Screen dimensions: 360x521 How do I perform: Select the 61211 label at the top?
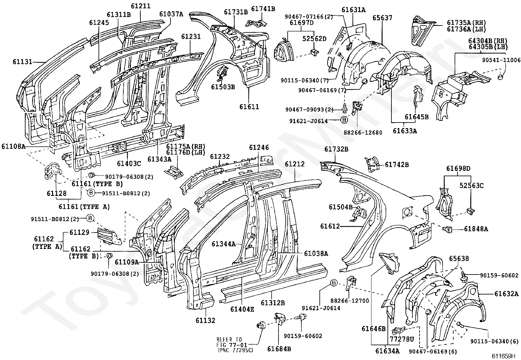pos(141,6)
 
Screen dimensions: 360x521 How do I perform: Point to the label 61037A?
pos(171,14)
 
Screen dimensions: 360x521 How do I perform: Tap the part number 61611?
pos(249,106)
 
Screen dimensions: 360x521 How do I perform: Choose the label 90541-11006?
pos(501,60)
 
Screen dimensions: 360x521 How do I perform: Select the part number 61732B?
pos(336,149)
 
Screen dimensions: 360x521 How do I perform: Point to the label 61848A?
pos(476,229)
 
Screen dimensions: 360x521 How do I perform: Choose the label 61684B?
pos(279,349)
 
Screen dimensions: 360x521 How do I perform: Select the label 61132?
pos(206,320)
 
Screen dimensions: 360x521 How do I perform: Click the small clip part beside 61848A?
pos(448,229)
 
